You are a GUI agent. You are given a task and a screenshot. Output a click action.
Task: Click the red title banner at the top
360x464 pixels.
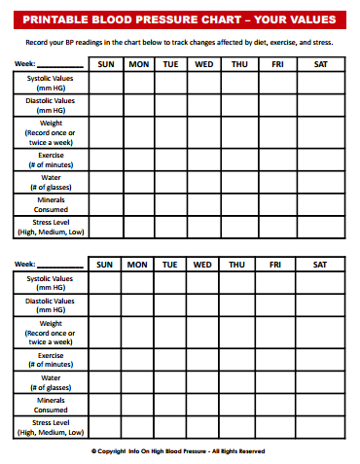[x=180, y=19]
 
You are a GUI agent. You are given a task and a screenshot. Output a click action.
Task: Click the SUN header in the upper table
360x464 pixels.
[x=105, y=64]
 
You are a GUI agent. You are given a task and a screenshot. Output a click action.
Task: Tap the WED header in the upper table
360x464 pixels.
[x=203, y=64]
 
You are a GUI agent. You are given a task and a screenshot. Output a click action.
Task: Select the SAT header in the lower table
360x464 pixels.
[x=320, y=265]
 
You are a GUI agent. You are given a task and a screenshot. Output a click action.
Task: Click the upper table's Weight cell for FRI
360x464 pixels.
[x=277, y=131]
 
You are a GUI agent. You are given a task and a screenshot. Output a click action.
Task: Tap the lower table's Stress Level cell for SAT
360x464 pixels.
[x=320, y=427]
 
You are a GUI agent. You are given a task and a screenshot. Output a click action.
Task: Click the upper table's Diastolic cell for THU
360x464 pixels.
[x=237, y=106]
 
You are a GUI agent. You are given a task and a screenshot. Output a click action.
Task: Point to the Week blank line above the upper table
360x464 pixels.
[x=60, y=65]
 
